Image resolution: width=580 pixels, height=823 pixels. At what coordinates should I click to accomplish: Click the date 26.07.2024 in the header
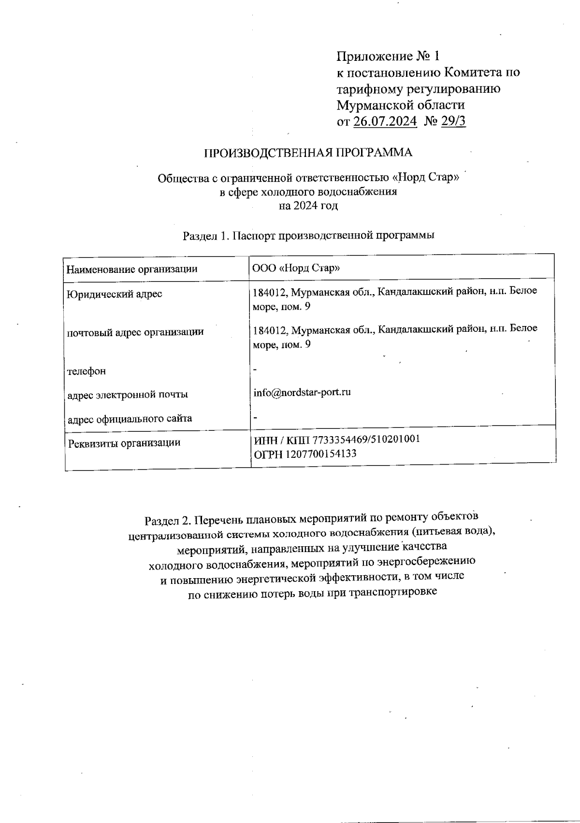coord(385,121)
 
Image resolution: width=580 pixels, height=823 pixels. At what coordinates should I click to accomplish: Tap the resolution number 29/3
coord(453,121)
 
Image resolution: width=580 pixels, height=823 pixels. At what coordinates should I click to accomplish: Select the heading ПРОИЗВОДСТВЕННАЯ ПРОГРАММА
coord(308,153)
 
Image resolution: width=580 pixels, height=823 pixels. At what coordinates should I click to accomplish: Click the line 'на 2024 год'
coord(308,206)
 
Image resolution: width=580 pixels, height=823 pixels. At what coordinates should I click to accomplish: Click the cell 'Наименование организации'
coord(132,269)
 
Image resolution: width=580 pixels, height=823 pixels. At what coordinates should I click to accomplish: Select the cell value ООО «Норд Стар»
coord(296,268)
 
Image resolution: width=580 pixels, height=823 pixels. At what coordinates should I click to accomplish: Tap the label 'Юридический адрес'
coord(115,294)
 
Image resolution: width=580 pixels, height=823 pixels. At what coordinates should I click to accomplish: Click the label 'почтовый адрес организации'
coord(135,332)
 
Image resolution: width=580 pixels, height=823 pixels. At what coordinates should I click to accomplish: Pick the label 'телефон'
coord(87,371)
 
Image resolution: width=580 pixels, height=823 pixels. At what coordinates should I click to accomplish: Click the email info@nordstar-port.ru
coord(302,392)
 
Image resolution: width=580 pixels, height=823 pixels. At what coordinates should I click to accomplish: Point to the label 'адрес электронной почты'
coord(128,395)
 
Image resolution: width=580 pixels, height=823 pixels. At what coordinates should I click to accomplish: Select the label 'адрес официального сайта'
coord(130,418)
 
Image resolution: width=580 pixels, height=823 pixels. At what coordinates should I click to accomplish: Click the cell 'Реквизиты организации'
coord(124,442)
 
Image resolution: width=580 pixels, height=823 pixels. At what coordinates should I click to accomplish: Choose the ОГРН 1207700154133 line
coord(305,454)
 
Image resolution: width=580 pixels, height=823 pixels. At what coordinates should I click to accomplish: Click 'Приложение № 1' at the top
coord(388,57)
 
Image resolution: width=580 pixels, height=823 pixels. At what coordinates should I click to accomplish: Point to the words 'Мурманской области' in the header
coord(401,105)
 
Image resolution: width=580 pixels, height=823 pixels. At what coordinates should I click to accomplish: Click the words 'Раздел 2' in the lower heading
coord(167,521)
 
